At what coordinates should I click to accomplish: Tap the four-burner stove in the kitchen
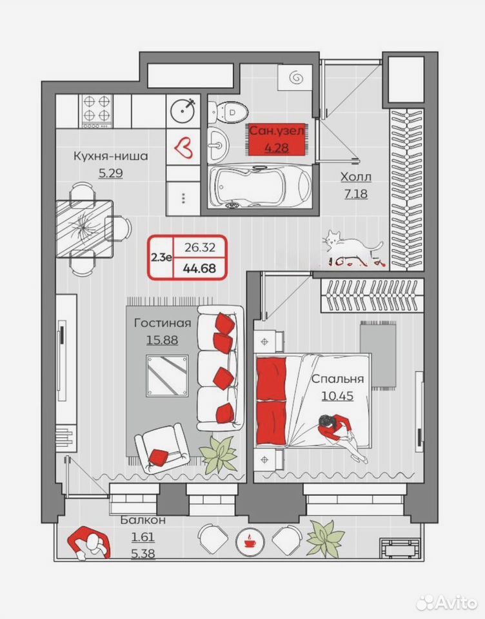(97, 111)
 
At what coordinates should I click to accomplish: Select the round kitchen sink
(183, 110)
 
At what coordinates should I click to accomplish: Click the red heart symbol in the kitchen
(183, 148)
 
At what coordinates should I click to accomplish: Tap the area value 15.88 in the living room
(162, 340)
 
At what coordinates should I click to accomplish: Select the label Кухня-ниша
(110, 156)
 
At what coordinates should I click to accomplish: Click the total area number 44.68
(199, 268)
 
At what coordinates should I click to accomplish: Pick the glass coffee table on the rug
(167, 375)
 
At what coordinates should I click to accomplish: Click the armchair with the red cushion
(162, 449)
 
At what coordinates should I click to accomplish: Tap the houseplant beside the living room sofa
(218, 454)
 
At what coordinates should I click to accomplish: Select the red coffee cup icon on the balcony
(249, 541)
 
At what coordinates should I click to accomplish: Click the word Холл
(356, 177)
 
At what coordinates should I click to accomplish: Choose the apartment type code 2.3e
(161, 257)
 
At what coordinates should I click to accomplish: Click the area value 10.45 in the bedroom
(337, 395)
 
